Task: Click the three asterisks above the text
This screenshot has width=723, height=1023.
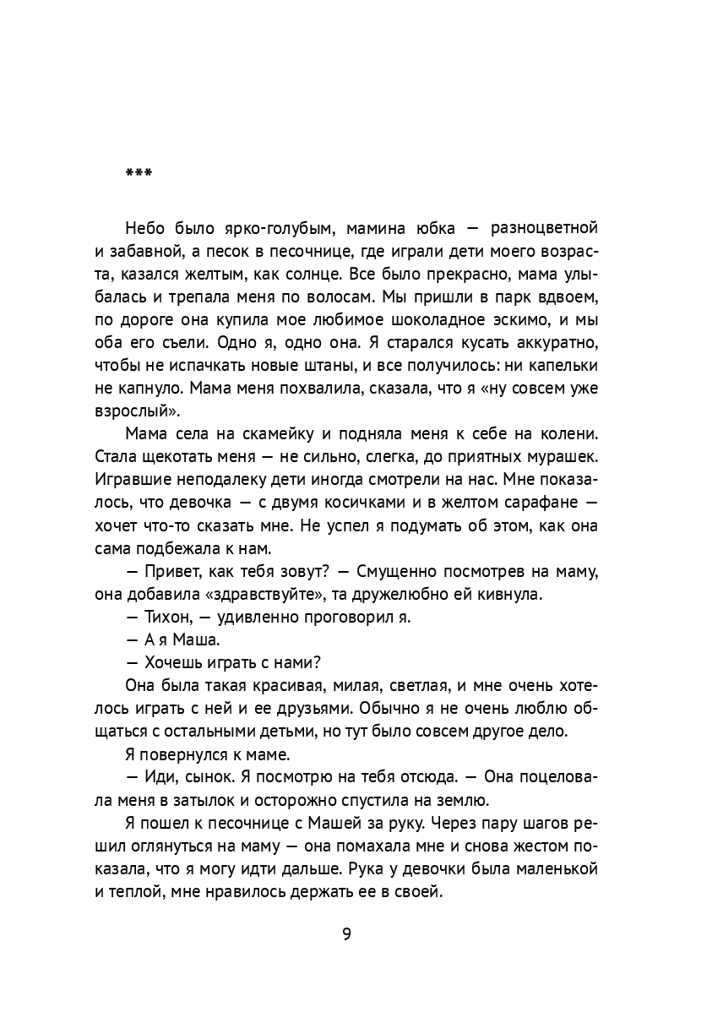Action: click(138, 173)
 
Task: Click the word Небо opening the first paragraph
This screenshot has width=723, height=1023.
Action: click(146, 228)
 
